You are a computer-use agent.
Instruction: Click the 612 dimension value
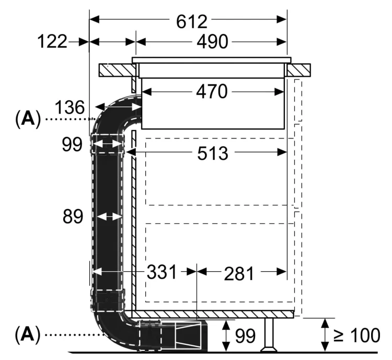(192, 22)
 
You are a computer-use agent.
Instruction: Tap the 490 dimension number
(212, 42)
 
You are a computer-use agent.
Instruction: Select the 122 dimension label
(52, 41)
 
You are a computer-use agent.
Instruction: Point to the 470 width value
(212, 92)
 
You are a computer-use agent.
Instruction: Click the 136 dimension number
(70, 108)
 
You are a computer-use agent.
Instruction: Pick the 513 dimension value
(213, 153)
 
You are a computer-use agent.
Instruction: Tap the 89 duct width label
(73, 216)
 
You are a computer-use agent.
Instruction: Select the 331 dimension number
(162, 272)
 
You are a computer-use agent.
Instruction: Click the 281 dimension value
(239, 274)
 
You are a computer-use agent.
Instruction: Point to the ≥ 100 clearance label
(357, 335)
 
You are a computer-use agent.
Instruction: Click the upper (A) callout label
(28, 119)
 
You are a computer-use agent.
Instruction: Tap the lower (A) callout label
(28, 334)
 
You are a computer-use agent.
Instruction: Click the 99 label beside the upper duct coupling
(72, 144)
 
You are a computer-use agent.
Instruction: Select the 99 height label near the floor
(246, 336)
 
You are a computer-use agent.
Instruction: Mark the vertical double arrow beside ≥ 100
(325, 335)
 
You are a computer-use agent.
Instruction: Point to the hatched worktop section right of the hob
(299, 70)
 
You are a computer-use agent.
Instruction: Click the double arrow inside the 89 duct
(109, 217)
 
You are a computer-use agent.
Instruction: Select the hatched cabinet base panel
(213, 315)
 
